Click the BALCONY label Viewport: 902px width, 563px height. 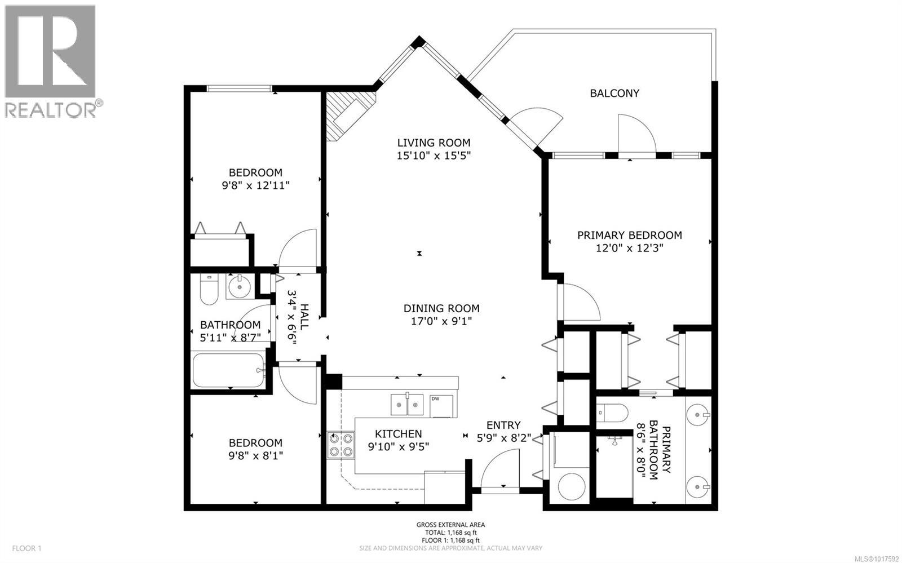pyautogui.click(x=614, y=93)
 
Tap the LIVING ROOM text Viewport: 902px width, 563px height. pyautogui.click(x=434, y=143)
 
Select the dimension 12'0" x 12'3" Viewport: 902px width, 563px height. pyautogui.click(x=629, y=248)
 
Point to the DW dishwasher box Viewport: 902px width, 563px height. pyautogui.click(x=441, y=406)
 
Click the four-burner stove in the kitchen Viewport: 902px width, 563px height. pyautogui.click(x=341, y=444)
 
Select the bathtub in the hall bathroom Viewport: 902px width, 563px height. pyautogui.click(x=228, y=370)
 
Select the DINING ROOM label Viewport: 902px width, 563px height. pyautogui.click(x=441, y=308)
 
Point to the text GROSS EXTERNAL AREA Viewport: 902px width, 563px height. pyautogui.click(x=450, y=525)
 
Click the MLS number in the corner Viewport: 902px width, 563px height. pyautogui.click(x=877, y=558)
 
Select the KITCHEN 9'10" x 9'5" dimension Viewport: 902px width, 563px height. pyautogui.click(x=399, y=447)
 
